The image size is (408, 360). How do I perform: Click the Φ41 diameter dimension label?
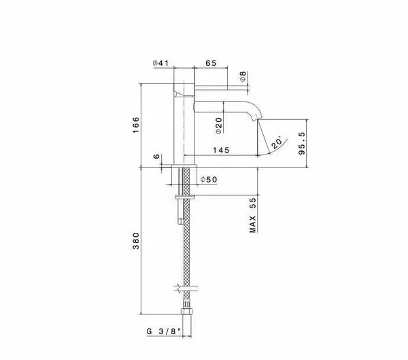point(160,63)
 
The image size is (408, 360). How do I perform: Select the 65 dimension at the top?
point(211,63)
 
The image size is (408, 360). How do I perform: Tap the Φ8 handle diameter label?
point(243,77)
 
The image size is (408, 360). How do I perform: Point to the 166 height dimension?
point(136,125)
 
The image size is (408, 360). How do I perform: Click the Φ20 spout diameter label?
point(219,125)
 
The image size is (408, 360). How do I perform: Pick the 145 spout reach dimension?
point(221,150)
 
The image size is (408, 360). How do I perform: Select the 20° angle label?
point(276,142)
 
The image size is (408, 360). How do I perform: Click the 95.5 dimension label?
point(301,144)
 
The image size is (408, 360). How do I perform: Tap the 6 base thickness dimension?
point(156,157)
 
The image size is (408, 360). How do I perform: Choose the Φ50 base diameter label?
point(209,180)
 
